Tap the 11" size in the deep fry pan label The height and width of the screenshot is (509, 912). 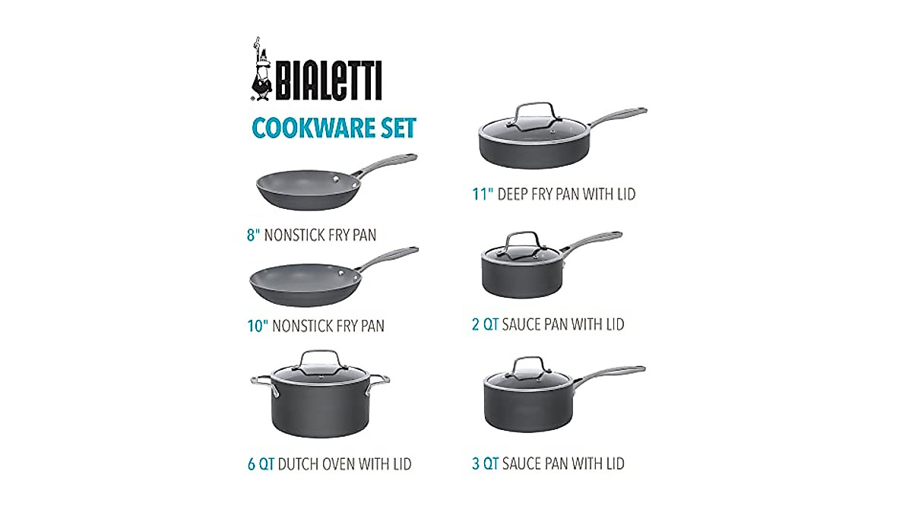[482, 194]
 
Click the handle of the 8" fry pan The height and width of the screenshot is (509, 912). [387, 163]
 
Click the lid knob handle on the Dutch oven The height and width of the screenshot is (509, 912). [320, 357]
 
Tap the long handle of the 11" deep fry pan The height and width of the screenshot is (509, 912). [616, 115]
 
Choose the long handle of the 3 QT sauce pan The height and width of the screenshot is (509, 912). [612, 373]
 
